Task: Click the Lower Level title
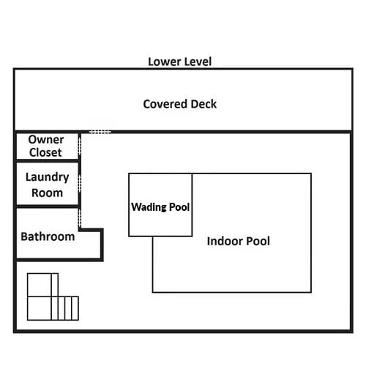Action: (180, 61)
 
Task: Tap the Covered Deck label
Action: (180, 104)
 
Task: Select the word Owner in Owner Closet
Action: (46, 140)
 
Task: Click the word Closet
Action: (45, 152)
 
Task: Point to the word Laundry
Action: (48, 177)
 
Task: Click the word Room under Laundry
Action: (48, 193)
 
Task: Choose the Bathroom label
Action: (48, 236)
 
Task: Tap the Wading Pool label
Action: (160, 207)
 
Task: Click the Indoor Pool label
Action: (239, 241)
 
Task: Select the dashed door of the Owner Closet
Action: (79, 145)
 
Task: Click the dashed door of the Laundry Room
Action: (79, 184)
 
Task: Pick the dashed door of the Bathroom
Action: (79, 219)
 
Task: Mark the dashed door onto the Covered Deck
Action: (100, 132)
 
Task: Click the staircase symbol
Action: (53, 296)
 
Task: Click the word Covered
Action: (165, 104)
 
